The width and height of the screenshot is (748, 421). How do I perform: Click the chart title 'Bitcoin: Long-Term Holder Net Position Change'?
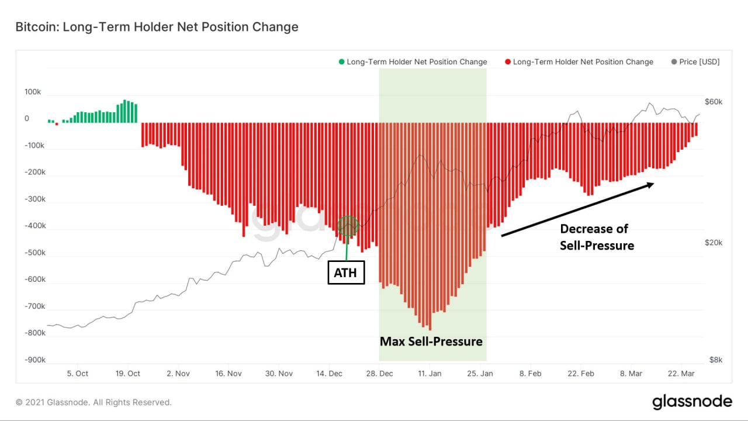click(157, 27)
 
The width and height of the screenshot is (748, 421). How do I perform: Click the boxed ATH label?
click(346, 273)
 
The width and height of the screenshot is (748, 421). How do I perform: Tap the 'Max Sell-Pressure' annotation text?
click(431, 341)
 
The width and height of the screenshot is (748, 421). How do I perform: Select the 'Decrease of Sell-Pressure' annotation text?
click(597, 237)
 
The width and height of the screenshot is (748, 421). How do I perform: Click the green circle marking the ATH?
click(348, 226)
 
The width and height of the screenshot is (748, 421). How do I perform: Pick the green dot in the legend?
click(341, 62)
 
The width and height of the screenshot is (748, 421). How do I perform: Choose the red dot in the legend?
click(508, 62)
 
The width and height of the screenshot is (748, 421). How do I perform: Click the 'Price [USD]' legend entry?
click(695, 62)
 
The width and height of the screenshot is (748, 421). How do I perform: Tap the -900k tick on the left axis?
click(34, 360)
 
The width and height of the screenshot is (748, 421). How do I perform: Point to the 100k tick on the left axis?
click(33, 92)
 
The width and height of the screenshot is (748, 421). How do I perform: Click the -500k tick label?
click(34, 253)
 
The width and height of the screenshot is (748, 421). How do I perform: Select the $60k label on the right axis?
click(714, 102)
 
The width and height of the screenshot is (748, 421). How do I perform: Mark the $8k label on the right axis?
click(714, 360)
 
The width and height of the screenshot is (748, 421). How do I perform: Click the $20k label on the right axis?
click(714, 243)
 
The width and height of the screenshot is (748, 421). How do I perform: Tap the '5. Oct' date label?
click(77, 374)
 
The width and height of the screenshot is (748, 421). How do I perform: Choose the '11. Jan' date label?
click(430, 374)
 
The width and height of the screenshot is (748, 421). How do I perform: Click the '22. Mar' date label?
click(680, 374)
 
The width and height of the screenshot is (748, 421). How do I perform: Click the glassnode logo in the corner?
click(692, 402)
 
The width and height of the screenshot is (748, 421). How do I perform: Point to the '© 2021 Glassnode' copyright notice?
click(93, 402)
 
